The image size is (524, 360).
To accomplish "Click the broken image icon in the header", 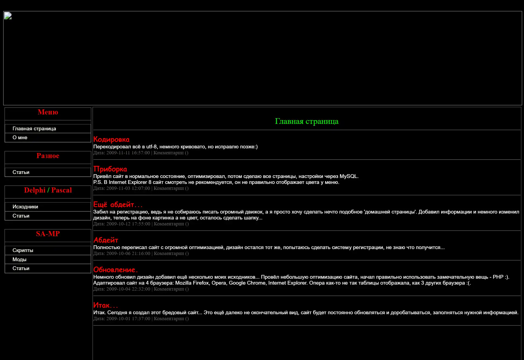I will click(8, 16).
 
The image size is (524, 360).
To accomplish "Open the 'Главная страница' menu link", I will click(34, 129).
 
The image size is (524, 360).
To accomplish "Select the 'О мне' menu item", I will click(20, 138).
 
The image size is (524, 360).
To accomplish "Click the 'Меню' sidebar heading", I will click(48, 112).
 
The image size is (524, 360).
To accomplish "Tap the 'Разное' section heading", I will click(48, 156).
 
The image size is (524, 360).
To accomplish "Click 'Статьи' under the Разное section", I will click(21, 172).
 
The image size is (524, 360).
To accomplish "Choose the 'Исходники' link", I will click(25, 207).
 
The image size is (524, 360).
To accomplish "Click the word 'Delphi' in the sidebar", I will click(35, 190).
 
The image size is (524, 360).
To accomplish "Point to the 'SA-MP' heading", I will click(48, 234).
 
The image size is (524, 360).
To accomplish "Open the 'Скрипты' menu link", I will click(23, 250).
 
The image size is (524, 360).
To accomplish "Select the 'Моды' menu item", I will click(19, 260).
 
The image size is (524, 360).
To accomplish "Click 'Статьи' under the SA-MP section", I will click(21, 268).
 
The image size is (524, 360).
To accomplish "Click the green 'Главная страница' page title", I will click(307, 121).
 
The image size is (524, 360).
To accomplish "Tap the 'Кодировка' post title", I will click(111, 139).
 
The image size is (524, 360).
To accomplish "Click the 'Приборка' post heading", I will click(110, 169).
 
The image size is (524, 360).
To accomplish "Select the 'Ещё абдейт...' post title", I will click(118, 205).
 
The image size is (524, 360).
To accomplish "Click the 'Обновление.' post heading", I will click(115, 270).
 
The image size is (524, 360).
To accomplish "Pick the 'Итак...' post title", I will click(105, 305).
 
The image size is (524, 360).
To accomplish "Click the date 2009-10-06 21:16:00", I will click(128, 253).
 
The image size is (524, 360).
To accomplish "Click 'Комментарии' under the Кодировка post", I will click(168, 153).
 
